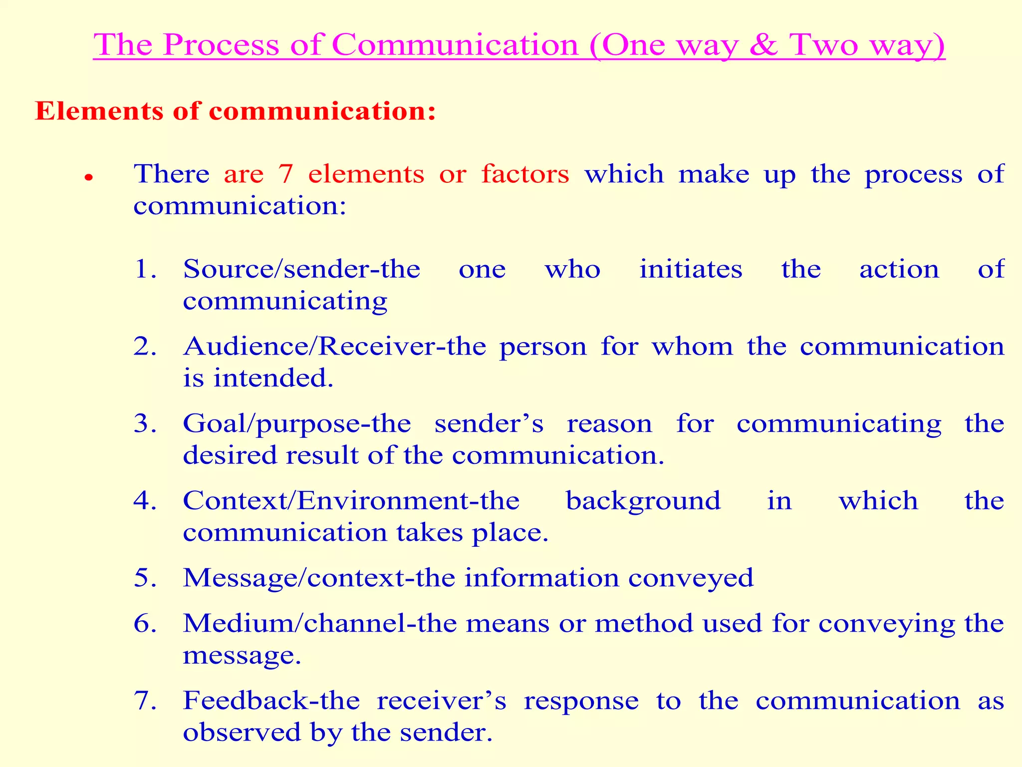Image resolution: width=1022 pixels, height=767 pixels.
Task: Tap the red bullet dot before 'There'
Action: [x=89, y=178]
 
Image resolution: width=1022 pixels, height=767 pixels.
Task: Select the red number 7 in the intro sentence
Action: [x=285, y=174]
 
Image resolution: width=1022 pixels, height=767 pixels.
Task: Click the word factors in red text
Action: [x=525, y=174]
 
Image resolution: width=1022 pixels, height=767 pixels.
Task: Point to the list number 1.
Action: [x=145, y=270]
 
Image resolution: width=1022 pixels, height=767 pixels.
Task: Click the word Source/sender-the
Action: [x=301, y=270]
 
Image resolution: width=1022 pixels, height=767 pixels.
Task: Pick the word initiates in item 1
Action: [x=691, y=270]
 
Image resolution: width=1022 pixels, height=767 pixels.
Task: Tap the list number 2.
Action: [x=145, y=347]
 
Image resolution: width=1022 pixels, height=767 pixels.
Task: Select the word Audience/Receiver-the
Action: [x=334, y=347]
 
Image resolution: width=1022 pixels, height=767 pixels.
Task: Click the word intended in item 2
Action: [x=273, y=378]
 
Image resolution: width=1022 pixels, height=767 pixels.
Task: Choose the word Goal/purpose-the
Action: [x=297, y=424]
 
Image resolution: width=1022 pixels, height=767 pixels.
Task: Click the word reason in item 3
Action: [x=609, y=424]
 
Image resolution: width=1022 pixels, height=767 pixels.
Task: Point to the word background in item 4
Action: [x=643, y=501]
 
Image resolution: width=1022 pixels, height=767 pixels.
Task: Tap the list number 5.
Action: [x=145, y=578]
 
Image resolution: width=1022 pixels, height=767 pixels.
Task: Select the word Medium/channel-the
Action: [x=319, y=624]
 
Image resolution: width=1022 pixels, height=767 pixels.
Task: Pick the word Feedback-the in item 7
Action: [x=271, y=701]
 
